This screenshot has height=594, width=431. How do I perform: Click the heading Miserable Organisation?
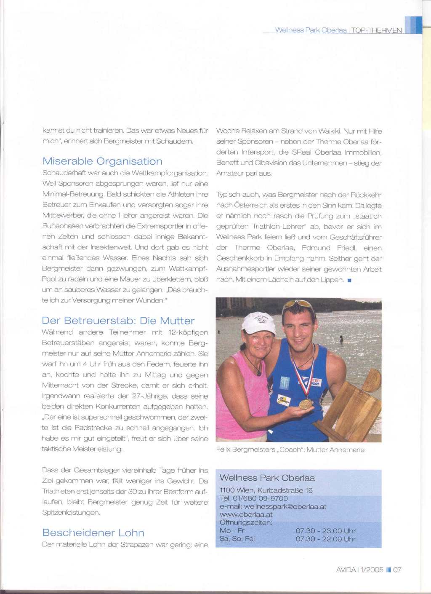(102, 161)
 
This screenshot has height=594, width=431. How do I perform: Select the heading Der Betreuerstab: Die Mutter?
(118, 321)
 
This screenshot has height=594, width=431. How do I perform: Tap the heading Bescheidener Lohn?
(93, 532)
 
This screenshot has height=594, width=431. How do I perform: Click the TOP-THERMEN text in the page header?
(376, 30)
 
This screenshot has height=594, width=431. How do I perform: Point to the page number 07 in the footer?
(397, 570)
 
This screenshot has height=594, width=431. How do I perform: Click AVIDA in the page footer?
(346, 570)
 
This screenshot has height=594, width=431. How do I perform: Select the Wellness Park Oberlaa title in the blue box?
(267, 478)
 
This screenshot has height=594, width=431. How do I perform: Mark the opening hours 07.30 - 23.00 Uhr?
(325, 531)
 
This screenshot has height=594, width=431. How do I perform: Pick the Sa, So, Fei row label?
(237, 539)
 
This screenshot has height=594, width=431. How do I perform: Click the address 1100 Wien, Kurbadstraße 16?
(266, 490)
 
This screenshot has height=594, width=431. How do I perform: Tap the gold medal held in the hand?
(306, 404)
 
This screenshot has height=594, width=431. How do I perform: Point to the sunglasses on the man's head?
(299, 304)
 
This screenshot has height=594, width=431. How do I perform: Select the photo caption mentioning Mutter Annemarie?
(290, 450)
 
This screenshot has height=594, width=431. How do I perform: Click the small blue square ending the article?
(349, 280)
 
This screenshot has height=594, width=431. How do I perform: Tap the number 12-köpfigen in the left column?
(188, 332)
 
